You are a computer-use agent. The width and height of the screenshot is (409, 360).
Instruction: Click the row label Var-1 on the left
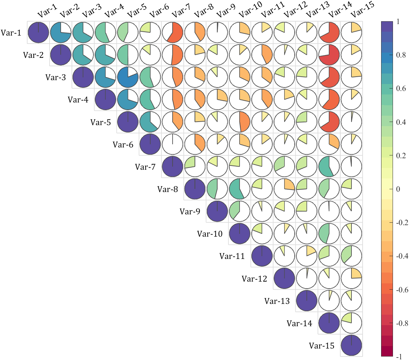pos(11,33)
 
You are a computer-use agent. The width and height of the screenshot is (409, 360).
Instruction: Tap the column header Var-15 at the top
pos(363,10)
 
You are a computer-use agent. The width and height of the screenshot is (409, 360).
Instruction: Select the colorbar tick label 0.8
pos(401,55)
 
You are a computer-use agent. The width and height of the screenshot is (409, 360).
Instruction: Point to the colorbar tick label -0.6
pos(402,290)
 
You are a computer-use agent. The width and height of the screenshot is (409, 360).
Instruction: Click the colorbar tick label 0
pos(398,189)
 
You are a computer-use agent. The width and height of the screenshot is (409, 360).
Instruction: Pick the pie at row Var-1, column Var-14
pos(329,33)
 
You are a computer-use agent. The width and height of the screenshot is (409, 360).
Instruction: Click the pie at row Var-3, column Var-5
pos(128,77)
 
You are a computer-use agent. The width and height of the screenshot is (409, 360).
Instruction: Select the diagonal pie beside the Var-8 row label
pos(195,189)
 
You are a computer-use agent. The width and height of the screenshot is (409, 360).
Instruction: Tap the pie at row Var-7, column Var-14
pos(329,167)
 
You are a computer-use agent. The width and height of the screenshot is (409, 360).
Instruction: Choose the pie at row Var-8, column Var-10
pos(240,189)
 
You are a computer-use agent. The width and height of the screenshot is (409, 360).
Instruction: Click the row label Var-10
pos(210,233)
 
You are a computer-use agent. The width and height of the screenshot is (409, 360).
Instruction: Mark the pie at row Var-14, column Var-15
pos(351,323)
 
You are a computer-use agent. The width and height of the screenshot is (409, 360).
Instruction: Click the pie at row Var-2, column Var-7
pos(172,55)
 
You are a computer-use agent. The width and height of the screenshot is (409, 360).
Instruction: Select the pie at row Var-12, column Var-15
pos(351,278)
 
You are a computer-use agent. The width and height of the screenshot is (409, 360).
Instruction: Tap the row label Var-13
pos(277,301)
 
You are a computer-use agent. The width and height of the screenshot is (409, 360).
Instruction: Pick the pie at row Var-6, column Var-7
pos(172,144)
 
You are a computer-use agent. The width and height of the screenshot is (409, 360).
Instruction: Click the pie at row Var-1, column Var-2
pos(61,33)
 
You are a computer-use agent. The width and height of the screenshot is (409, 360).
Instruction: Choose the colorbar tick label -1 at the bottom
pos(399,357)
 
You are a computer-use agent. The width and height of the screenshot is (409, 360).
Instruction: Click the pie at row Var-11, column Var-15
pos(351,256)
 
